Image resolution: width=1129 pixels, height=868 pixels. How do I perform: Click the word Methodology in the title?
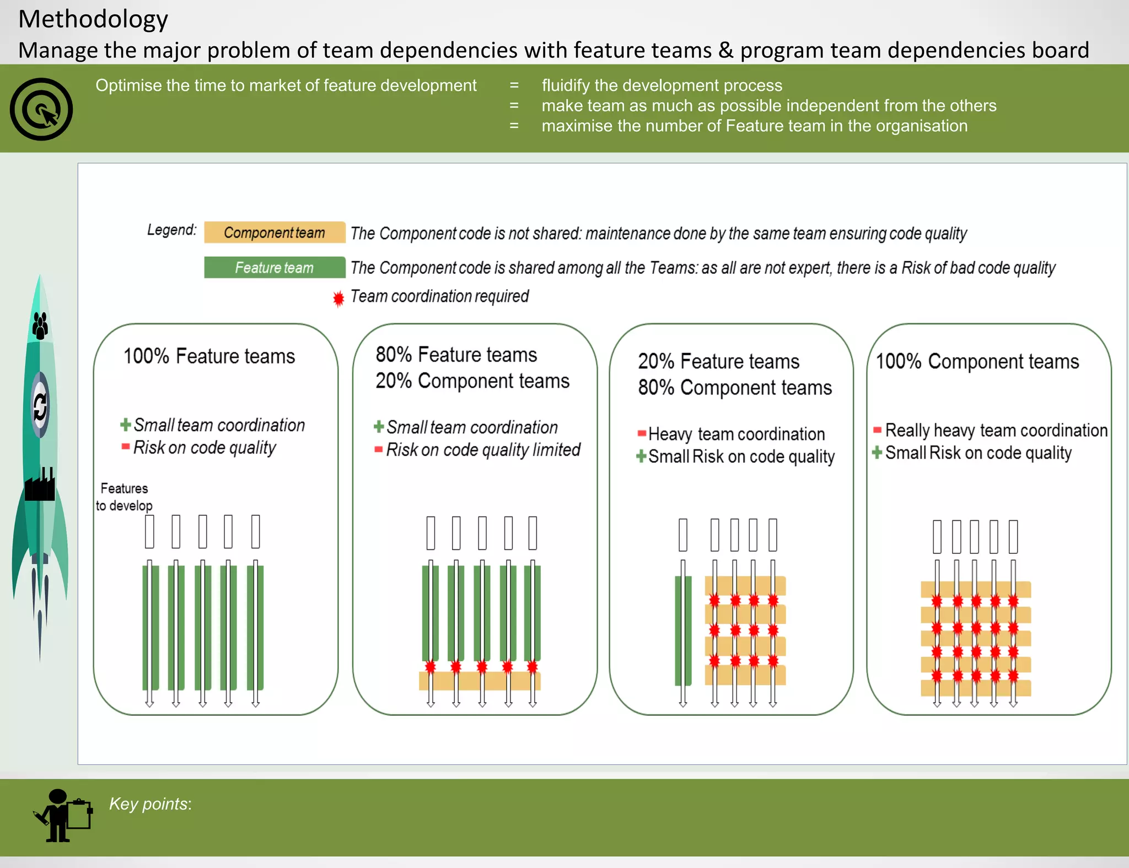tap(93, 20)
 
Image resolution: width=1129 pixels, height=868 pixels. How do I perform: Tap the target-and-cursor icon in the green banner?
tap(41, 109)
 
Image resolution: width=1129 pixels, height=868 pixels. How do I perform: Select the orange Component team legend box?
tap(275, 233)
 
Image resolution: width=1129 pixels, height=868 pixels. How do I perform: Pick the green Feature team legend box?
tap(275, 268)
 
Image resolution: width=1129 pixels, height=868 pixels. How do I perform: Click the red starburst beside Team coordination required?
tap(338, 298)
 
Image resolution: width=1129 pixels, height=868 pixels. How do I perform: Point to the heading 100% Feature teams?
tap(209, 357)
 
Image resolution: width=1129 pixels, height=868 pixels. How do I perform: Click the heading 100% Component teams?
tap(977, 362)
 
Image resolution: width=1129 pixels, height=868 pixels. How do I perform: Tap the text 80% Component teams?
tap(735, 388)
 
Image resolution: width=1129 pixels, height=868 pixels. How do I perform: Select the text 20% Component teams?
tap(472, 381)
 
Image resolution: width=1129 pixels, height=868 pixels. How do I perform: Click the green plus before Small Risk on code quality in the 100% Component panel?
tap(877, 453)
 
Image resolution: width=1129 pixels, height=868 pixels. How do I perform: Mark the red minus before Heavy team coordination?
tap(642, 433)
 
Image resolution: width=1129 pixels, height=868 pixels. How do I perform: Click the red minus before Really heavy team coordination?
tap(877, 430)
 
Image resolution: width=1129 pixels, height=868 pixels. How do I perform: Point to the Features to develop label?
tap(124, 497)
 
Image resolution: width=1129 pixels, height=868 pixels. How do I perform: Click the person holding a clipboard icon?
tap(63, 816)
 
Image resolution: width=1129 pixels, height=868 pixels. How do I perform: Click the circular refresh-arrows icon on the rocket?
tap(40, 406)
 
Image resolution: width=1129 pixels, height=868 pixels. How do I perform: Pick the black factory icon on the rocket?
tap(40, 485)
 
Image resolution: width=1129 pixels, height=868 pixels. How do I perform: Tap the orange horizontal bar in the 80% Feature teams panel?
tap(480, 682)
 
